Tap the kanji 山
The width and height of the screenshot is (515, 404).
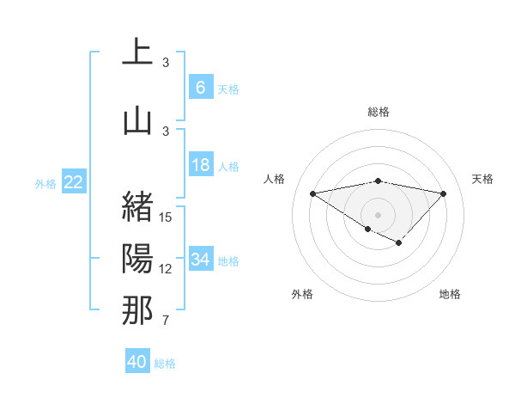[x=137, y=120]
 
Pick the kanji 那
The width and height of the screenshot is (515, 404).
[x=137, y=310]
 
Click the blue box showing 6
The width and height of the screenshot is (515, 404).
[x=200, y=87]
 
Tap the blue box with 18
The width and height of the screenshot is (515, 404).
[x=200, y=165]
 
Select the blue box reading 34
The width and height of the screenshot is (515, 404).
[x=200, y=259]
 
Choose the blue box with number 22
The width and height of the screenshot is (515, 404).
[x=74, y=181]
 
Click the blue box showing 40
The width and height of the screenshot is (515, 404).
[x=137, y=362]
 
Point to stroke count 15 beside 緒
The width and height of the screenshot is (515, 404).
[x=166, y=217]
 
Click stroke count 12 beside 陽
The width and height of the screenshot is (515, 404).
[x=166, y=269]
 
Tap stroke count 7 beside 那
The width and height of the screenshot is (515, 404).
[x=166, y=321]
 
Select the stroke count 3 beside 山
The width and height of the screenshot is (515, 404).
[x=166, y=131]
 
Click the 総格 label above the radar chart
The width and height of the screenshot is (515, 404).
[x=379, y=112]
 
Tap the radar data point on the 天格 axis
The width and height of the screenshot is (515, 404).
[x=443, y=193]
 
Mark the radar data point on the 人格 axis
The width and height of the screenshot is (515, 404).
[x=312, y=193]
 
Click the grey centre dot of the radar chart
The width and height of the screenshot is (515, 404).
[x=378, y=214]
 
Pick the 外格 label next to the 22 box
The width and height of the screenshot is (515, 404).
[x=45, y=183]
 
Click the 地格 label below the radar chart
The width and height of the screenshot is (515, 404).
[x=450, y=294]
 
